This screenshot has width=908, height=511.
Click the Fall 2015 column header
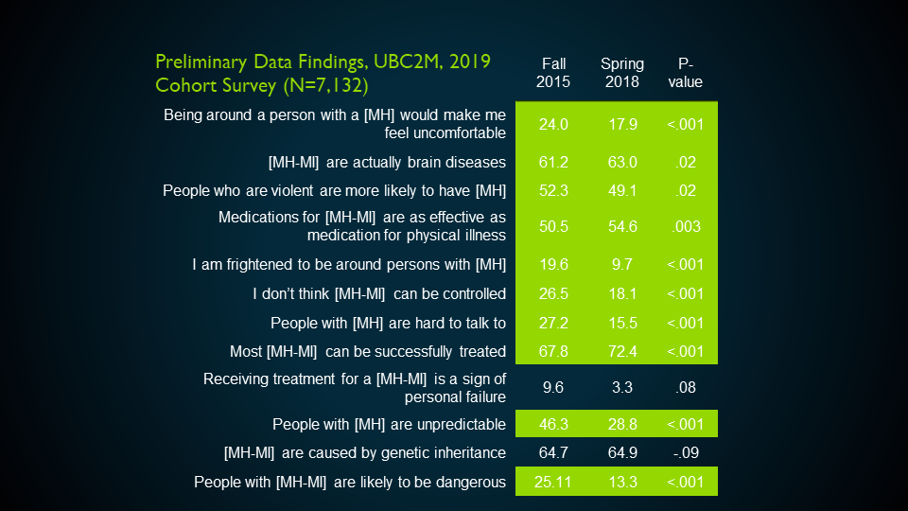(x=553, y=73)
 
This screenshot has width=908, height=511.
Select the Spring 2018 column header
(x=621, y=73)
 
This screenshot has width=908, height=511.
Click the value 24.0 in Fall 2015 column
(x=553, y=125)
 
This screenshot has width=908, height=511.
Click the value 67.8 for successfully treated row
(x=553, y=351)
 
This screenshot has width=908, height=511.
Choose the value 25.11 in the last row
(x=553, y=483)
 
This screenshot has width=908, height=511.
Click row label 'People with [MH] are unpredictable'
(x=389, y=424)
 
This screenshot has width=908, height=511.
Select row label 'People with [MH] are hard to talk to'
(x=388, y=323)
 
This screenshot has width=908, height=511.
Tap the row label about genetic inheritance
(x=364, y=452)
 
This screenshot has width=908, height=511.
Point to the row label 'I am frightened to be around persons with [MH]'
(x=348, y=265)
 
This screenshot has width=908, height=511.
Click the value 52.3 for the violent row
(x=553, y=190)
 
